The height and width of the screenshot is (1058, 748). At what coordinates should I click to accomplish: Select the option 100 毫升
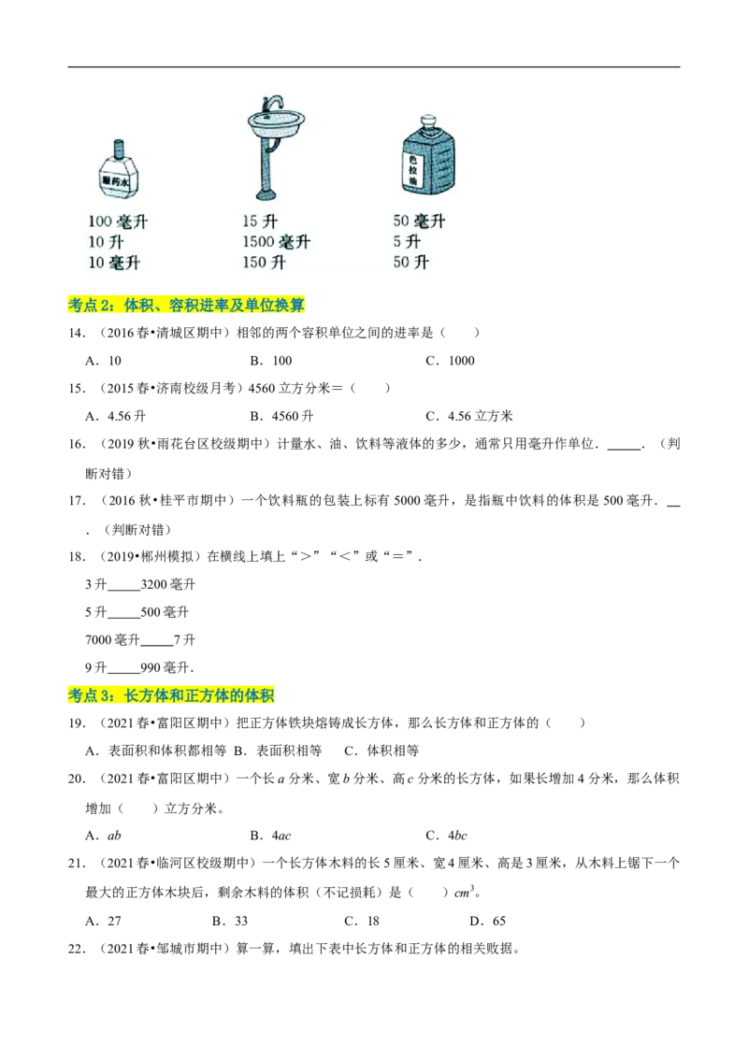[x=118, y=222]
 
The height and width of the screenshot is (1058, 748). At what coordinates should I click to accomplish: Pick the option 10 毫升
[x=114, y=263]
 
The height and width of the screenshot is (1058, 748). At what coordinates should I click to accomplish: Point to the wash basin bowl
[x=276, y=121]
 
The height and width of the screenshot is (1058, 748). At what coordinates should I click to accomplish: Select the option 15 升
[x=260, y=222]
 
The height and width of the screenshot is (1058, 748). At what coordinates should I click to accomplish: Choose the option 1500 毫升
[x=276, y=242]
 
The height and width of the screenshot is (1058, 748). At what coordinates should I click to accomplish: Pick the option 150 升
[x=264, y=263]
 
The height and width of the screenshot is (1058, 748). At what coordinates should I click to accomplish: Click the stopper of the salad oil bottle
[x=428, y=122]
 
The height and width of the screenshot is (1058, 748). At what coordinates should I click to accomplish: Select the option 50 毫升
[x=419, y=222]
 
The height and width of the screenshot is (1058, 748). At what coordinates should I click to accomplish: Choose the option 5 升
[x=407, y=242]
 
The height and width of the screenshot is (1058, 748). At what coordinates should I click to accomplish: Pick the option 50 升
[x=410, y=263]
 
